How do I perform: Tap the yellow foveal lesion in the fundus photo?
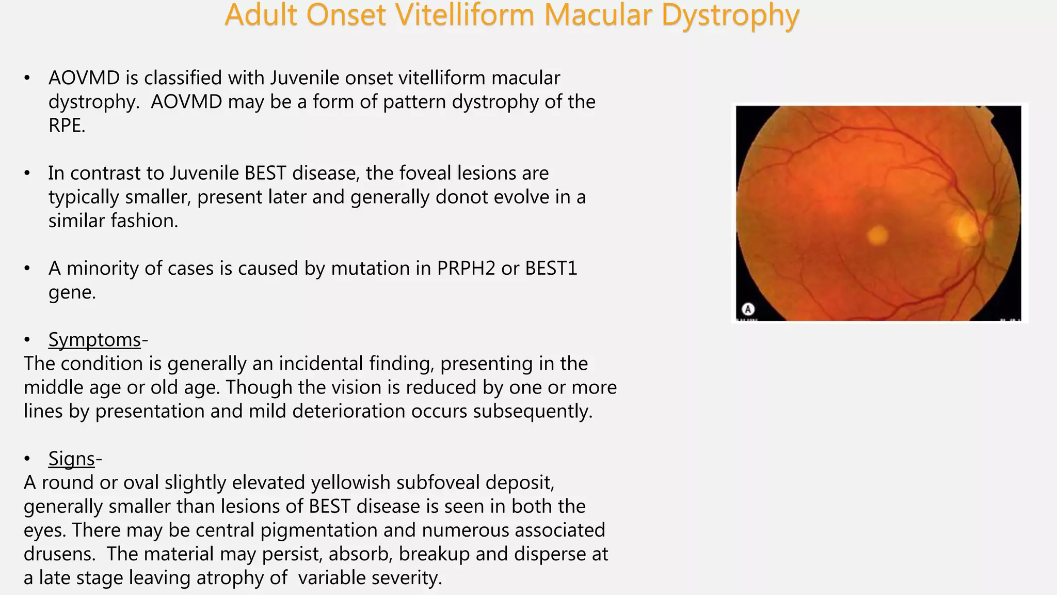tap(877, 236)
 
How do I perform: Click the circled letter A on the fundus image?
tap(748, 309)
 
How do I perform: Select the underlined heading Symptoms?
tap(94, 340)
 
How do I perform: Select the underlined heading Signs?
tap(72, 459)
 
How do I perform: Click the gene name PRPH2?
tap(466, 269)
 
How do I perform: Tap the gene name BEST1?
tap(551, 269)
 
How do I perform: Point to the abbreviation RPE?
tap(66, 126)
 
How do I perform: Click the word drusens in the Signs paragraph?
tap(58, 554)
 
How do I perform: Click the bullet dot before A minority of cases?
tap(27, 269)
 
